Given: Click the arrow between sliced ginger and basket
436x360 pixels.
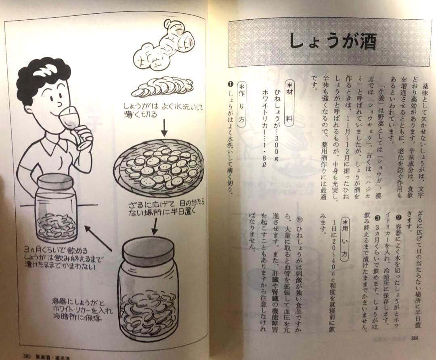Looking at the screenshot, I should pos(164,128).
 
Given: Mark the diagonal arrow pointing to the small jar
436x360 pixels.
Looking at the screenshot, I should pos(99,238).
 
